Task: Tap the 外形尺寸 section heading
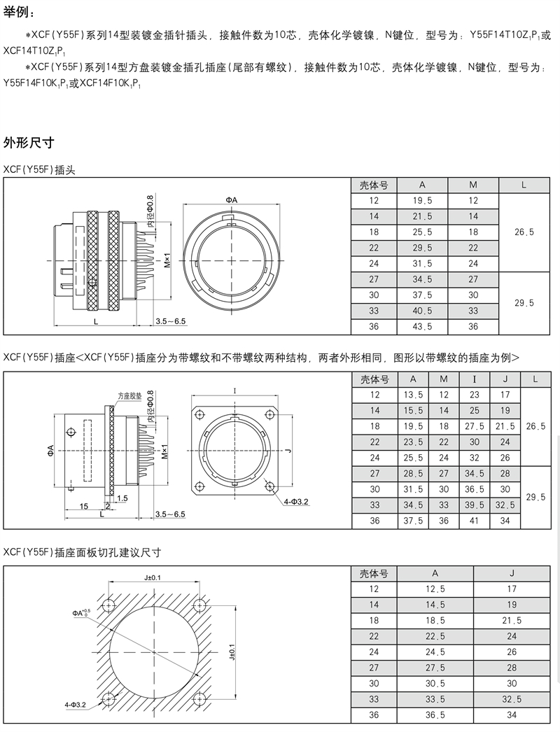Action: (29, 143)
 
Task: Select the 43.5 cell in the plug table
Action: (422, 326)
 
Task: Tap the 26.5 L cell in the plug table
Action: (524, 232)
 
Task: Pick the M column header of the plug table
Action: (473, 185)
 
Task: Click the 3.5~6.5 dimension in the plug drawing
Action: (171, 321)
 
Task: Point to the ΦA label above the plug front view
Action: (232, 200)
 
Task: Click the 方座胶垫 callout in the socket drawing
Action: (129, 395)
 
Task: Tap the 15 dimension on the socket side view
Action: (83, 505)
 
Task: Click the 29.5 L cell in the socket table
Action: (535, 496)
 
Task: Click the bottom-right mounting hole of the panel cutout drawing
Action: (199, 699)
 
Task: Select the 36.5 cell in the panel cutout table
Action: (435, 715)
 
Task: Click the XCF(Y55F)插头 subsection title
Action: (39, 169)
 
